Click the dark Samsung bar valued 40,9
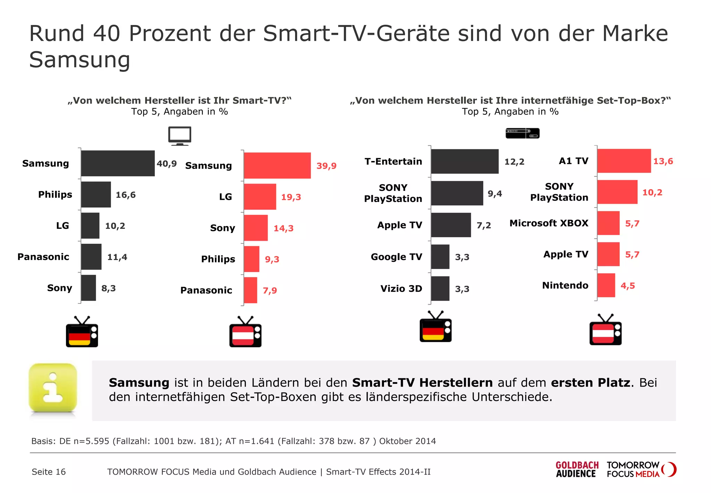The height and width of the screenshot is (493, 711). (x=118, y=163)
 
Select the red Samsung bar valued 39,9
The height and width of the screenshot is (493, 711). (x=277, y=165)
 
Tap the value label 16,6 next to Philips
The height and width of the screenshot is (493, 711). (x=125, y=195)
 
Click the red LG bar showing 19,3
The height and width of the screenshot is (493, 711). (x=260, y=197)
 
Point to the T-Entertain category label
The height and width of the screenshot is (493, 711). (x=393, y=162)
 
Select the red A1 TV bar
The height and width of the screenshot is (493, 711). (x=624, y=161)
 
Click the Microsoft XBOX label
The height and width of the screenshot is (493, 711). (x=549, y=223)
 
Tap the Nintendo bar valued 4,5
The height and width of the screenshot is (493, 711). (x=606, y=285)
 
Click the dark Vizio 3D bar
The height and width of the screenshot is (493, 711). (x=440, y=289)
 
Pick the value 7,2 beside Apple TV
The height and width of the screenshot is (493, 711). (x=484, y=226)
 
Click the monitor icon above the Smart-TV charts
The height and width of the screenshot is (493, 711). (x=179, y=136)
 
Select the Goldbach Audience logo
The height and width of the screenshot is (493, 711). (x=577, y=470)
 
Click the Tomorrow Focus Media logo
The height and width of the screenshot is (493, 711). (x=641, y=470)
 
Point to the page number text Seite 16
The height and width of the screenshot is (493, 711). (x=49, y=472)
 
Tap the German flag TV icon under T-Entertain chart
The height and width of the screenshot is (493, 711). (x=435, y=327)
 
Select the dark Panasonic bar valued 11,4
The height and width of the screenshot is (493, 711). (x=91, y=257)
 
